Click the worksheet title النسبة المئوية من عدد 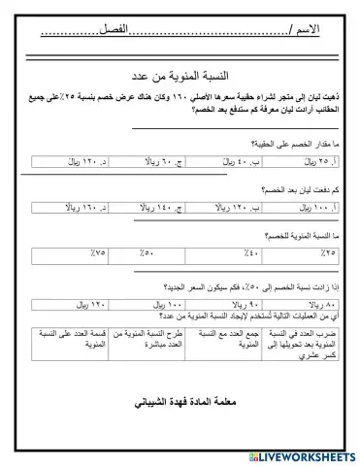179,77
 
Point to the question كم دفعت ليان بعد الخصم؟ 290,189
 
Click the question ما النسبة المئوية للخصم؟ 290,236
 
